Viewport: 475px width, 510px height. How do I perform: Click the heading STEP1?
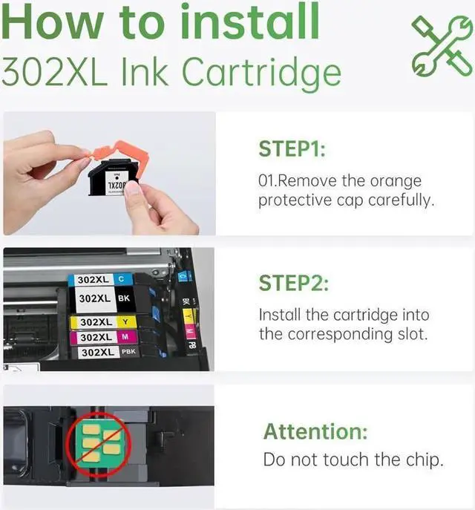tap(292, 149)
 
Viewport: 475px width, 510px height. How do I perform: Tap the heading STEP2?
tap(293, 283)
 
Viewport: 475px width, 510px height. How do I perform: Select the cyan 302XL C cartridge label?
tap(102, 281)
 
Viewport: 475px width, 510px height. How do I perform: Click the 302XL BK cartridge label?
tap(105, 298)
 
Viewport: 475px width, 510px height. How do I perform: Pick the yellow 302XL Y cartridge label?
tap(105, 322)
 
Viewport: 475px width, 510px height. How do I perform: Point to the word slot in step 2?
tap(411, 334)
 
